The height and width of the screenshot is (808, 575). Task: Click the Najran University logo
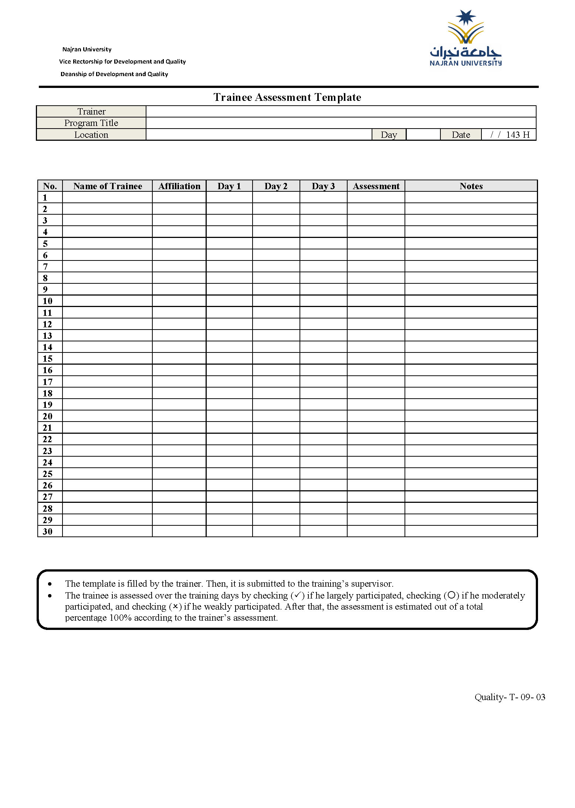[x=466, y=38]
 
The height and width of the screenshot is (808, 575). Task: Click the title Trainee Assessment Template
[x=287, y=97]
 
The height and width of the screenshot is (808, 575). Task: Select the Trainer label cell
[x=91, y=112]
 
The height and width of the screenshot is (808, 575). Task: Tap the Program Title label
[x=91, y=123]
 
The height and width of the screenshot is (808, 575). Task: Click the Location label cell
[x=91, y=135]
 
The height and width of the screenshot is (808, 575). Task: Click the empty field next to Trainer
[x=341, y=112]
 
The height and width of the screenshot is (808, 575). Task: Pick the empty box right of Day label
[x=423, y=135]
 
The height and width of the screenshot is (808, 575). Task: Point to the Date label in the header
[x=461, y=135]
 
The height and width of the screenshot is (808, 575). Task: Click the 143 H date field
[x=509, y=135]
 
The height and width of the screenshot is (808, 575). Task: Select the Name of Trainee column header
[x=108, y=186]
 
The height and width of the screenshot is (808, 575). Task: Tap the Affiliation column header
[x=179, y=186]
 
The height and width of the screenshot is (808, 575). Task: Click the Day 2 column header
[x=276, y=186]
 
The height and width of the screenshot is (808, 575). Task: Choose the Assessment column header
[x=376, y=186]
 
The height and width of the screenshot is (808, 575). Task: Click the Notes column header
[x=471, y=186]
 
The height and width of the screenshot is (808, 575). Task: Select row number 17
[x=48, y=382]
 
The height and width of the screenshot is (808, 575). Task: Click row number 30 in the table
[x=48, y=532]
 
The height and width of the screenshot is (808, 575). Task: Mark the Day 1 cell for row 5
[x=229, y=243]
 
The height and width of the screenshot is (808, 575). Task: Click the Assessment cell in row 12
[x=376, y=324]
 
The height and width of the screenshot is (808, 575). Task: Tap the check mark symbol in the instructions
[x=298, y=595]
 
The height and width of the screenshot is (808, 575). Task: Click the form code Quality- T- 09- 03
[x=510, y=697]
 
